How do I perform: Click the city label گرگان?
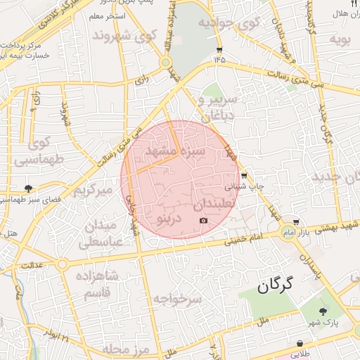[x=274, y=286]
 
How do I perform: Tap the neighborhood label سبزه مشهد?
[x=175, y=150]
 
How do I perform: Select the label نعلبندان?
[x=217, y=205]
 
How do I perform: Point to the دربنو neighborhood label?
[x=168, y=219]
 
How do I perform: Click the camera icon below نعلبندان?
[x=204, y=221]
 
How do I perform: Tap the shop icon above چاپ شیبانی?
[x=243, y=176]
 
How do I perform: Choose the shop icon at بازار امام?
[x=297, y=221]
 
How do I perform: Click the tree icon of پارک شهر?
[x=323, y=311]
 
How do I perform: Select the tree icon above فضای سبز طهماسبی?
[x=28, y=188]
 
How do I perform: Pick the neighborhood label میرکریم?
[x=94, y=191]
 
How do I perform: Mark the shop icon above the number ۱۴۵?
[x=219, y=50]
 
